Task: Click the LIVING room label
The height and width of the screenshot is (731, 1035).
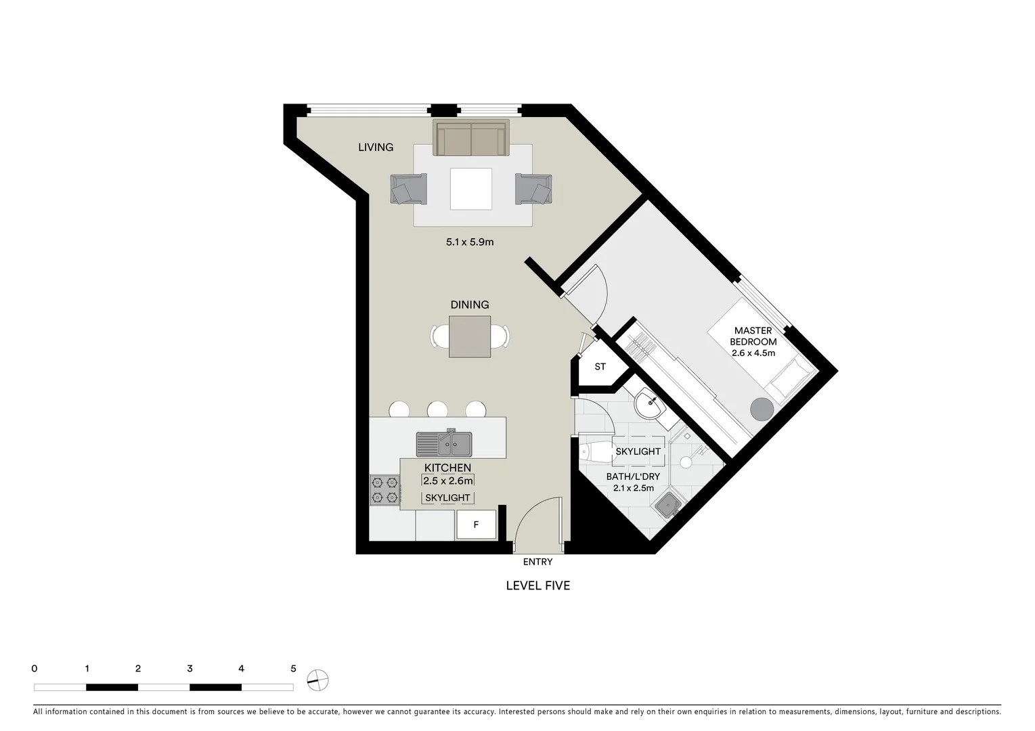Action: [x=376, y=147]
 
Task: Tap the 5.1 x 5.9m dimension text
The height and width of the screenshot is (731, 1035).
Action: [x=470, y=242]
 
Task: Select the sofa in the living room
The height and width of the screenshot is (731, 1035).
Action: [x=471, y=138]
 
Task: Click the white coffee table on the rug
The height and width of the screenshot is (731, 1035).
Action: [x=471, y=189]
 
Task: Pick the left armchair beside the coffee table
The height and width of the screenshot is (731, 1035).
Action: [x=408, y=189]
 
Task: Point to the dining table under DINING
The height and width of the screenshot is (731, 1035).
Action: [x=470, y=336]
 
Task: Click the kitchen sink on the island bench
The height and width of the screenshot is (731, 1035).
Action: [x=445, y=445]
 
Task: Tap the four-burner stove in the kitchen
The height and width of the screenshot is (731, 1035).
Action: [x=384, y=491]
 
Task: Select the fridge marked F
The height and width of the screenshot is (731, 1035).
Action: [x=476, y=525]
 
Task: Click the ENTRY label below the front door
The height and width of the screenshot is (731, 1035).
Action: [x=537, y=562]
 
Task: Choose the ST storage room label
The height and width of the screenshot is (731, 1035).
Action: [x=600, y=367]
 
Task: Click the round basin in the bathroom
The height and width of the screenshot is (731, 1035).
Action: [x=651, y=407]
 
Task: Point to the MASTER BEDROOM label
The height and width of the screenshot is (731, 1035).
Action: [x=753, y=336]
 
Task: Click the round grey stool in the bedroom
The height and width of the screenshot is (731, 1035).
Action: [x=762, y=409]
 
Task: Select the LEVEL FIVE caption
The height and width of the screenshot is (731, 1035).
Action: [x=538, y=585]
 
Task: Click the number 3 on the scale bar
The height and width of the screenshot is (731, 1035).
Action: [x=190, y=669]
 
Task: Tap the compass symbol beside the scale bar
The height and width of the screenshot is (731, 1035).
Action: [x=317, y=680]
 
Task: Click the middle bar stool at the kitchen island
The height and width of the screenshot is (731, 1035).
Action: [x=437, y=409]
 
